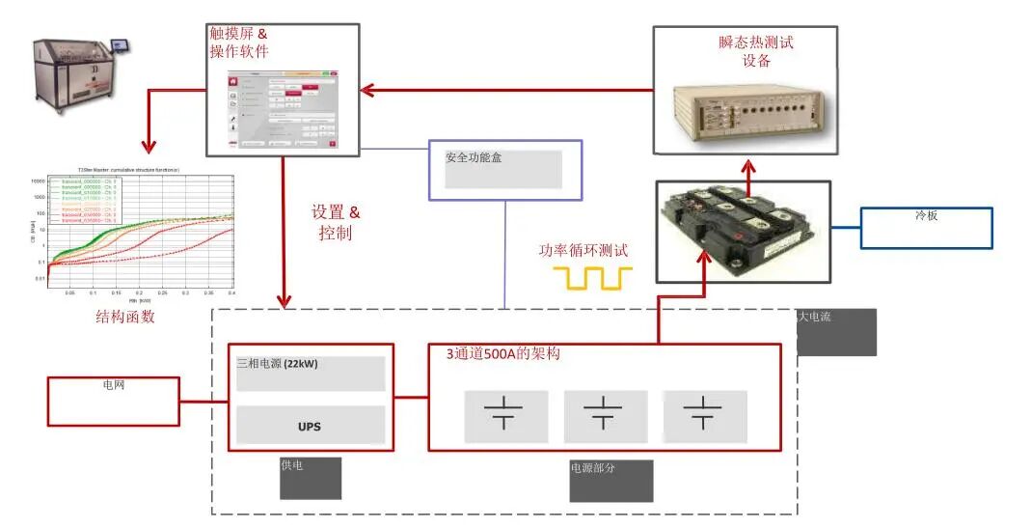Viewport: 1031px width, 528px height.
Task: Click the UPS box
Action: [x=310, y=425]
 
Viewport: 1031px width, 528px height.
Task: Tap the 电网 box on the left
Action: [x=114, y=401]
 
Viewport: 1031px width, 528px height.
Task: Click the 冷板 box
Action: [x=926, y=228]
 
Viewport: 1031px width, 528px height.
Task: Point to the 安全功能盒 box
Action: [x=504, y=170]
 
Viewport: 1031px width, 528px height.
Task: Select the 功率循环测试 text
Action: [x=583, y=250]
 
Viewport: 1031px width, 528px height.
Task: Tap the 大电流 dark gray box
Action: [x=836, y=332]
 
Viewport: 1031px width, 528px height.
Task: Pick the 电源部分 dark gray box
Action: [x=610, y=481]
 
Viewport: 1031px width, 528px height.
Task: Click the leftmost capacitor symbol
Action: [x=505, y=414]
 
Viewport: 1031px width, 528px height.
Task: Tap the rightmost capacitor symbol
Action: [x=704, y=414]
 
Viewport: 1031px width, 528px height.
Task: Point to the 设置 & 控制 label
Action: [x=336, y=222]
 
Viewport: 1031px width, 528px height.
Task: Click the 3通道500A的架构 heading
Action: [x=502, y=354]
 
